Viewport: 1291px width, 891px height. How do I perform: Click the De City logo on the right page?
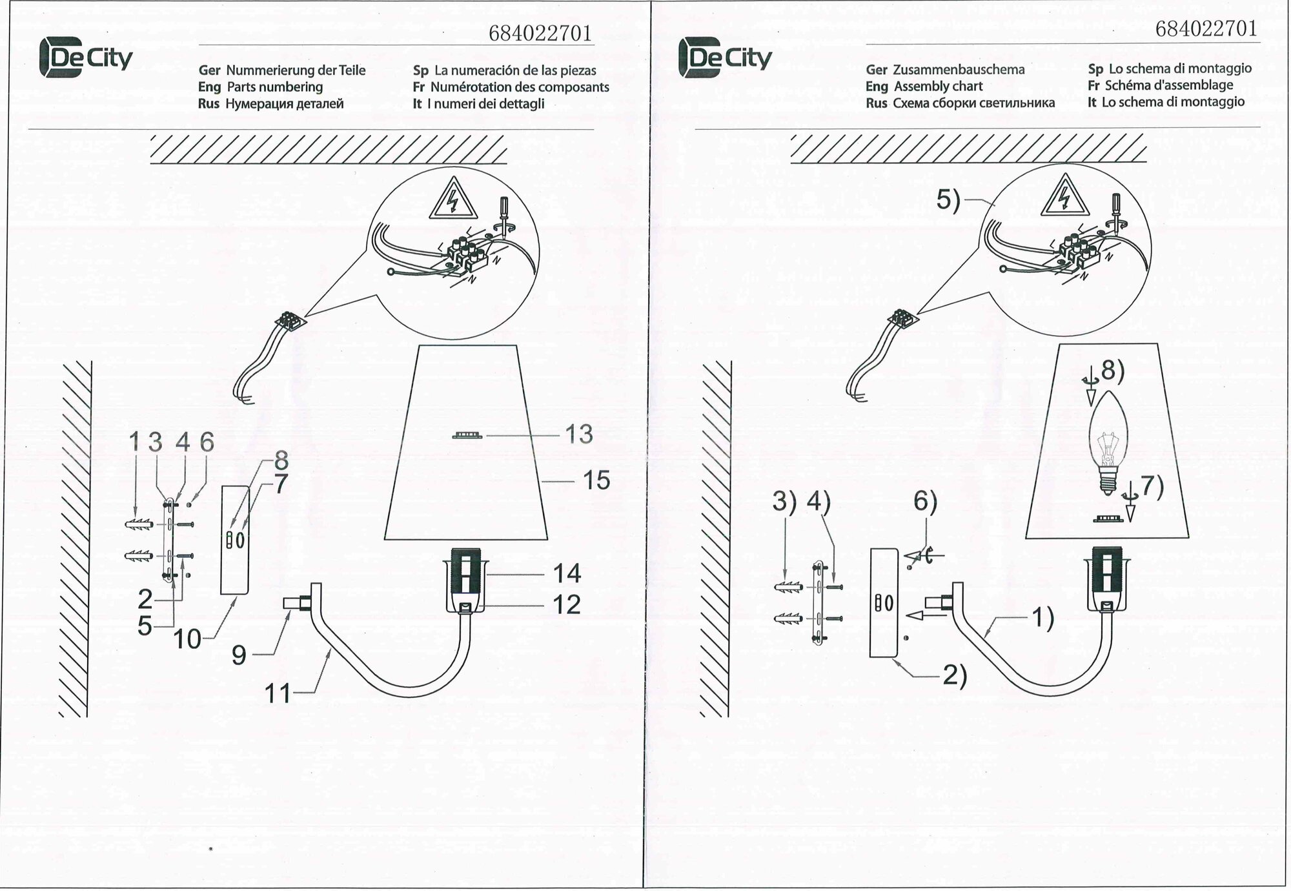[x=725, y=57]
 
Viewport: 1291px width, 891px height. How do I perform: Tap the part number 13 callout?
[x=578, y=435]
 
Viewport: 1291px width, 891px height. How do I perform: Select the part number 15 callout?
[x=596, y=480]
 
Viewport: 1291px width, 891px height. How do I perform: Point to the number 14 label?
[x=567, y=573]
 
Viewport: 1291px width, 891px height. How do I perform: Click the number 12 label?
[x=566, y=605]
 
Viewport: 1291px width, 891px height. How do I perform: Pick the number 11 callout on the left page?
[x=278, y=694]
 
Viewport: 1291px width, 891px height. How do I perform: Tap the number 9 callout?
[x=239, y=655]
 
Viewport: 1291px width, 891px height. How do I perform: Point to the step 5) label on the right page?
[x=948, y=201]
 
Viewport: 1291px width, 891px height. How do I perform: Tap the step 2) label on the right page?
[x=955, y=676]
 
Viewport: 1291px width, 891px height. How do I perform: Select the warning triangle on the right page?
[x=1064, y=194]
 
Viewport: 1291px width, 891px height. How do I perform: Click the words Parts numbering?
[x=274, y=87]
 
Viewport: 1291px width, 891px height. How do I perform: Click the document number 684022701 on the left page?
[x=540, y=34]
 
